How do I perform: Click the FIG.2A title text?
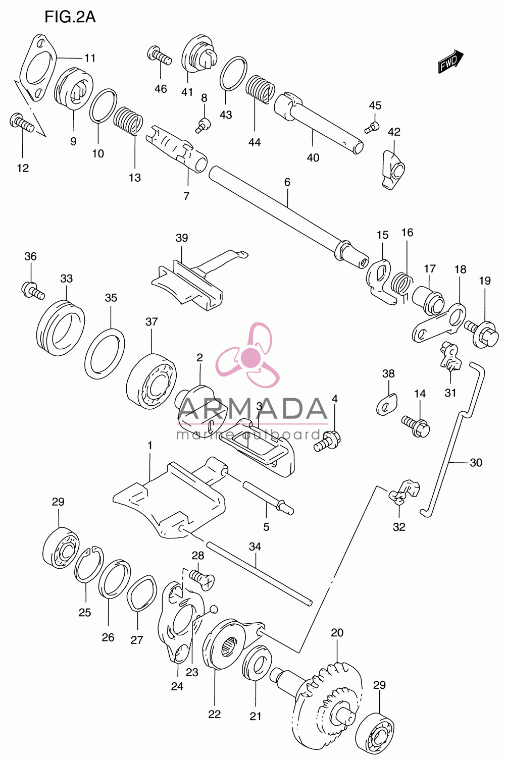(70, 17)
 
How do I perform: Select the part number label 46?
(161, 89)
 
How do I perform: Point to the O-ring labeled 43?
(233, 74)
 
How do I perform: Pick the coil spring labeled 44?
(260, 89)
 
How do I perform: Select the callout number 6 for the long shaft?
(287, 182)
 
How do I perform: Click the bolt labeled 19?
(481, 334)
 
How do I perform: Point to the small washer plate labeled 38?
(387, 404)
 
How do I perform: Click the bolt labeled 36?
(33, 291)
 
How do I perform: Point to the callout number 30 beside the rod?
(476, 463)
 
